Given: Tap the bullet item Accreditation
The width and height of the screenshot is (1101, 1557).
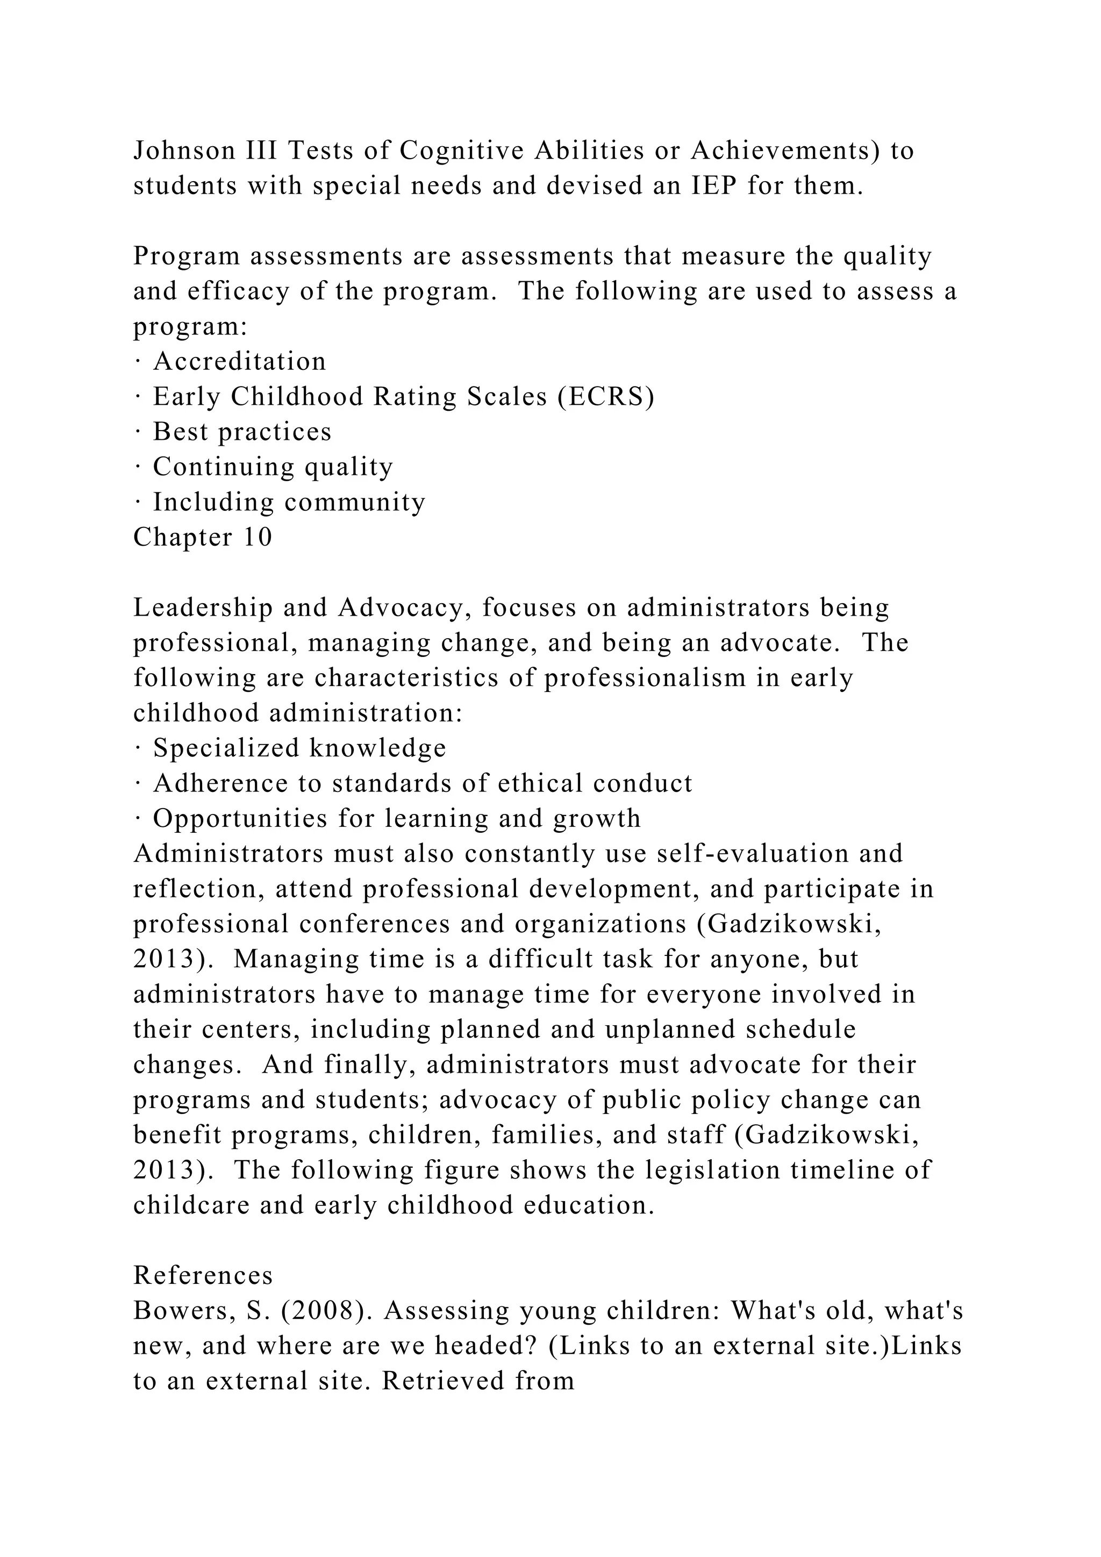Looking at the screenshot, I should coord(239,361).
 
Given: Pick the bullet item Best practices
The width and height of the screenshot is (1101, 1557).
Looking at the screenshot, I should coord(242,432).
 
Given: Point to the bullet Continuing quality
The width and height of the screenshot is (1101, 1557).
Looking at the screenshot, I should coord(273,467).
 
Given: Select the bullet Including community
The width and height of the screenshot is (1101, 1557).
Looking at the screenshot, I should coord(289,503).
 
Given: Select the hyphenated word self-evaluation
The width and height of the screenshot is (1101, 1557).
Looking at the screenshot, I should coord(753,854).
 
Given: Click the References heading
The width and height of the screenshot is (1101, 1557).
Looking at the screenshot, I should coord(203,1276).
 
